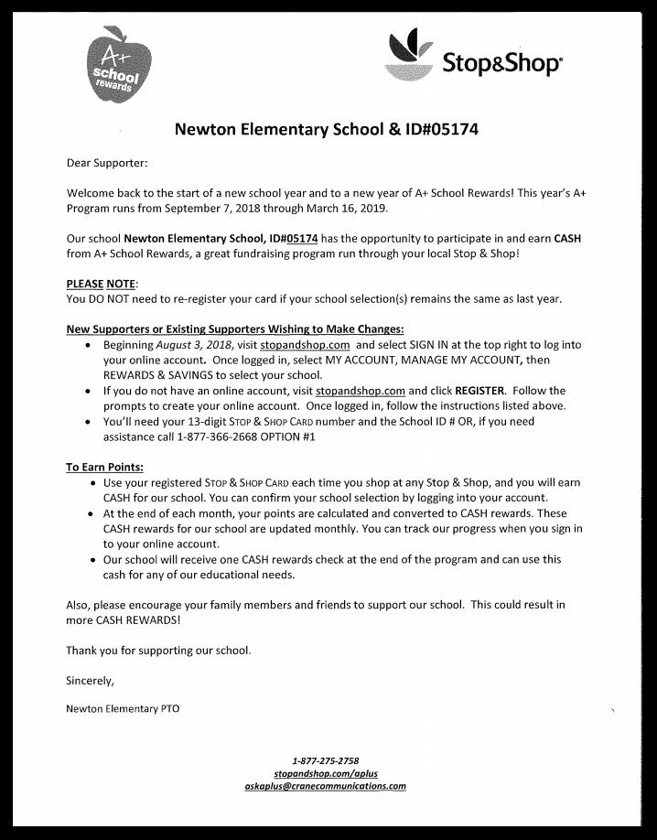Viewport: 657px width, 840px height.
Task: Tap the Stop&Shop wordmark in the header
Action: (x=503, y=64)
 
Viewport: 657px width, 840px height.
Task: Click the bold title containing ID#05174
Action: (x=327, y=130)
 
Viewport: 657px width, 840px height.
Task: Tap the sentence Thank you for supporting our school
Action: (x=158, y=651)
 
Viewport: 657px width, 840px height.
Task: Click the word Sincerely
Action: (x=92, y=681)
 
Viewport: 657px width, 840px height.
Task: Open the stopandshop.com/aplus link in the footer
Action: (x=326, y=773)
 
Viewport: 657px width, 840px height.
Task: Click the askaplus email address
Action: (x=326, y=786)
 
